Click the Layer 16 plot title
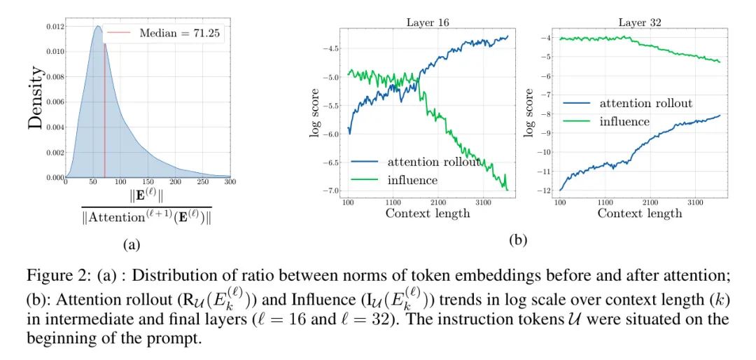click(x=428, y=22)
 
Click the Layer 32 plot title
click(x=632, y=22)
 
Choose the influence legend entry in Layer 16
click(x=412, y=180)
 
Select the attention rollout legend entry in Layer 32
click(x=645, y=104)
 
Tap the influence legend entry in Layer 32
click(x=624, y=122)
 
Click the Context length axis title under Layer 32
click(x=639, y=213)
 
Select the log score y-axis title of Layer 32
click(x=528, y=112)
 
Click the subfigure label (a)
click(x=130, y=244)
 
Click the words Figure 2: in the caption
click(x=52, y=273)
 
